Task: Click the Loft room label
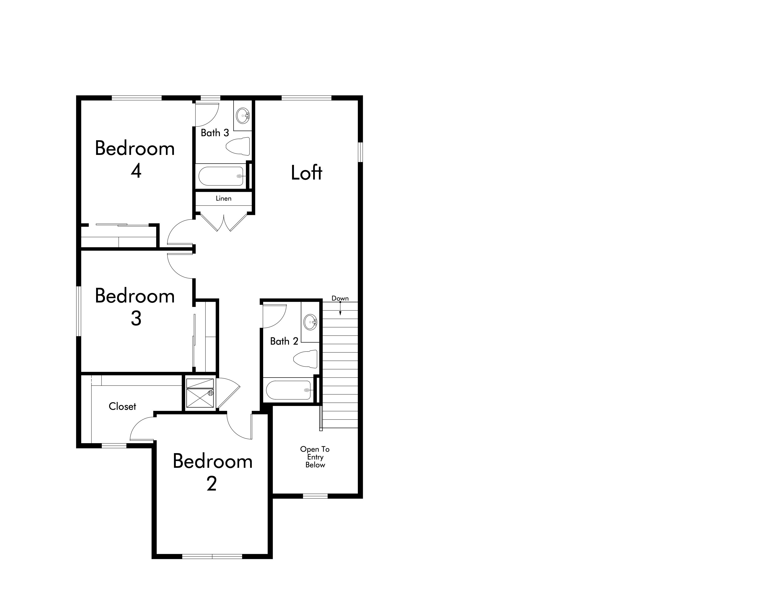(x=306, y=172)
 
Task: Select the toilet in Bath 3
(x=238, y=146)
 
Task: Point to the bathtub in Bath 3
(x=221, y=176)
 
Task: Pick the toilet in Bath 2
(x=305, y=359)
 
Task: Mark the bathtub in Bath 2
(x=288, y=390)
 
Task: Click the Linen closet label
(x=223, y=198)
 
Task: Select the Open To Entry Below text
(x=315, y=457)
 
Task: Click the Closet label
(x=122, y=406)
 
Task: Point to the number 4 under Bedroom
(x=136, y=171)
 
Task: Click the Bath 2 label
(x=284, y=341)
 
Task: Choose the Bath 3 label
(x=215, y=133)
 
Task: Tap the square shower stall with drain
(x=200, y=393)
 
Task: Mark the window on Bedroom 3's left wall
(x=79, y=311)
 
